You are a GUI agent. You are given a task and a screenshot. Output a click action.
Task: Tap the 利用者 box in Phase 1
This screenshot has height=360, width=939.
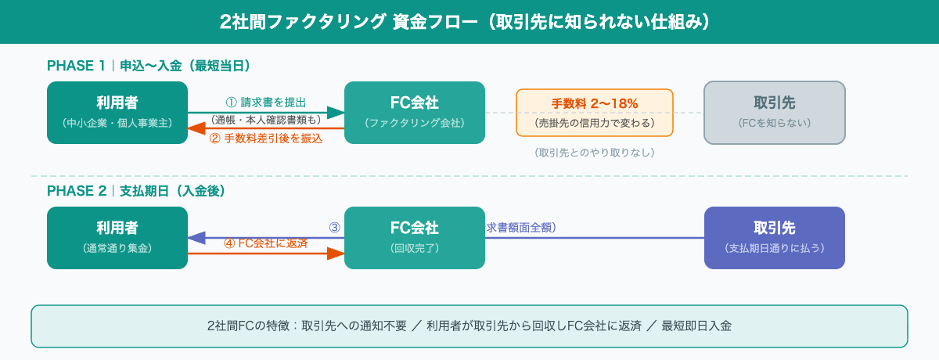click(x=117, y=113)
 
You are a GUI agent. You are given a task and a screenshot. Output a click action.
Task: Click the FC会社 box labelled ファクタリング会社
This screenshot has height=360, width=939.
click(x=415, y=113)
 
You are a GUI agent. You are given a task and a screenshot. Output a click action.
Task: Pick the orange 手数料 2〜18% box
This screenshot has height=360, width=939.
click(x=595, y=113)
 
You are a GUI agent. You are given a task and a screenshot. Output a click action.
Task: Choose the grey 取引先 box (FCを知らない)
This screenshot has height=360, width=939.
click(x=775, y=113)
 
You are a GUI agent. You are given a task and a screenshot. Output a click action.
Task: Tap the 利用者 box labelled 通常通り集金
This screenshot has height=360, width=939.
click(x=117, y=238)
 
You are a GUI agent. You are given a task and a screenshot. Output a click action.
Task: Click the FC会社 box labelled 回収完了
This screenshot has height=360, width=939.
click(x=415, y=238)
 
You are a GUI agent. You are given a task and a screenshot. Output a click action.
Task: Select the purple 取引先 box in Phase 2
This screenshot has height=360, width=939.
click(x=775, y=238)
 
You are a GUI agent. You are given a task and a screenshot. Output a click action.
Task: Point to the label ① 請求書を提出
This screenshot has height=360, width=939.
click(x=265, y=103)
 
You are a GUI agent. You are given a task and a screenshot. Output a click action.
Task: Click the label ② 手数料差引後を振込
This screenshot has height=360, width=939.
click(x=265, y=138)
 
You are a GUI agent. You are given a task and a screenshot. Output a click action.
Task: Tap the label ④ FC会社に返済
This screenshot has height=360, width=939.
click(x=265, y=243)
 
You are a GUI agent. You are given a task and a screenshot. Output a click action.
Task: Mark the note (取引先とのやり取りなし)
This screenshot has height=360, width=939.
click(x=595, y=153)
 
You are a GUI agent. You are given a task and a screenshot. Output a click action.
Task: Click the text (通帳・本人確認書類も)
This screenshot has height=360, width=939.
click(x=266, y=120)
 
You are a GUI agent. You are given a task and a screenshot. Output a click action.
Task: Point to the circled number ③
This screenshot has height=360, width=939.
click(x=334, y=228)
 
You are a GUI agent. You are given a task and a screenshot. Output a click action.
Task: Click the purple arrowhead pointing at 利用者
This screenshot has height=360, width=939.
click(x=196, y=238)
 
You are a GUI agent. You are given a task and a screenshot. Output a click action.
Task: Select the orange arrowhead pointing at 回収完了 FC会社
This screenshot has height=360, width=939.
click(x=336, y=254)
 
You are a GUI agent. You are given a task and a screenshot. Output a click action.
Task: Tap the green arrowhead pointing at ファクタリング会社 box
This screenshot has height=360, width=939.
click(x=336, y=113)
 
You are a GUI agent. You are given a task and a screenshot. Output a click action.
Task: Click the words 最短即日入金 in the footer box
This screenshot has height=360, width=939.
click(x=696, y=326)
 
